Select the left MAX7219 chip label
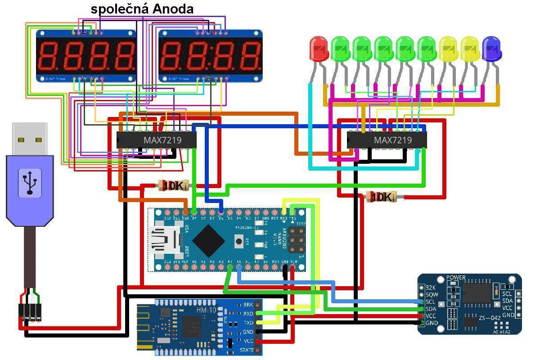pyautogui.click(x=162, y=140)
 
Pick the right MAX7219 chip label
pyautogui.click(x=393, y=140)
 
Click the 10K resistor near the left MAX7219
pyautogui.click(x=172, y=185)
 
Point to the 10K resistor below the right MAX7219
pyautogui.click(x=381, y=197)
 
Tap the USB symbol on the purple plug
pyautogui.click(x=30, y=182)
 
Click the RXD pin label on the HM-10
pyautogui.click(x=248, y=314)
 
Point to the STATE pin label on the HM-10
pyautogui.click(x=247, y=350)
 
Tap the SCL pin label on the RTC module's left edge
pyautogui.click(x=431, y=302)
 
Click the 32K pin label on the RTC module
pyautogui.click(x=431, y=288)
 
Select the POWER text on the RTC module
pyautogui.click(x=456, y=278)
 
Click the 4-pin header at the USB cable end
pyautogui.click(x=30, y=312)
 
